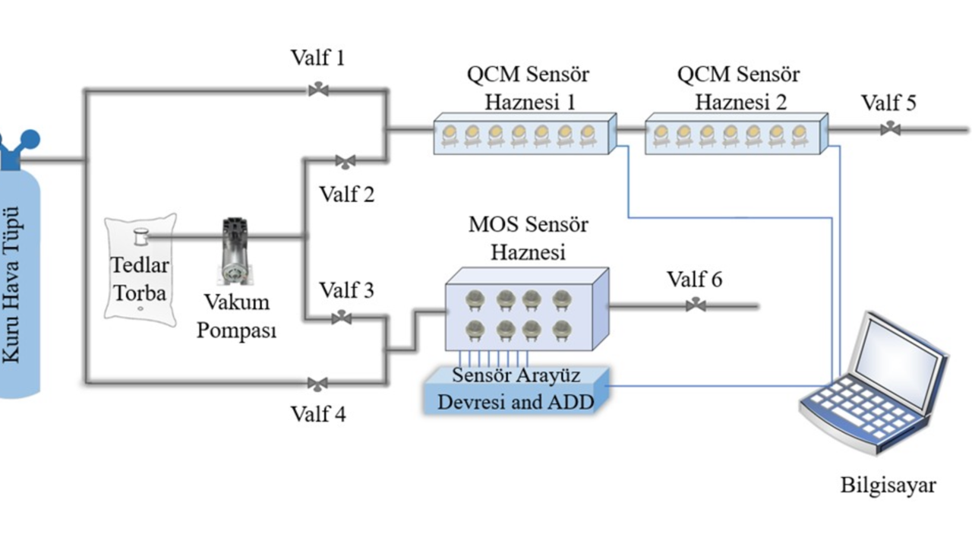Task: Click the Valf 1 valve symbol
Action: [x=318, y=90]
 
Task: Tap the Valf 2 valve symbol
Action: [x=346, y=161]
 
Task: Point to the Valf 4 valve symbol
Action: [x=317, y=383]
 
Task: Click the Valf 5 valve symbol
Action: [x=890, y=129]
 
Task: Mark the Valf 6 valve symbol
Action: [x=695, y=305]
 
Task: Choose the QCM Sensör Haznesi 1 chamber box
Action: [x=524, y=134]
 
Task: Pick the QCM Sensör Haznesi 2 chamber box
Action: [x=735, y=134]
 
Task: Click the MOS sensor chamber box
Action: [x=526, y=310]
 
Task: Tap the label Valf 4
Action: [x=318, y=414]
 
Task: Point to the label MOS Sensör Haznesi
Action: [x=528, y=238]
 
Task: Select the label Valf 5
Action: [x=888, y=103]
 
